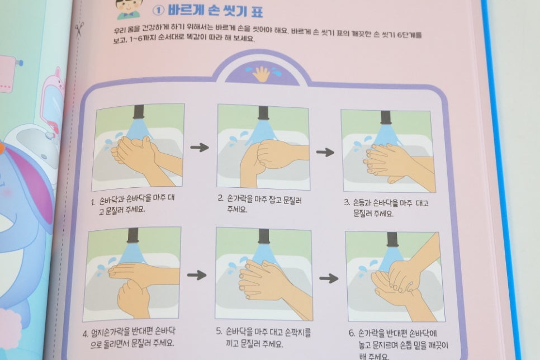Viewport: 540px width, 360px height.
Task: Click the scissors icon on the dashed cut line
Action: [79, 29]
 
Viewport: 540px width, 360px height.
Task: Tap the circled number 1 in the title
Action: [158, 11]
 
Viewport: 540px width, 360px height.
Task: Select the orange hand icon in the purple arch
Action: [261, 74]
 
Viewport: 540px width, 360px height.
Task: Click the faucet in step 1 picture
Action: [139, 112]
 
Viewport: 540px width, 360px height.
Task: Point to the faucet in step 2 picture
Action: [263, 113]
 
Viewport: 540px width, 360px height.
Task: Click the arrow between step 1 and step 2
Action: [200, 148]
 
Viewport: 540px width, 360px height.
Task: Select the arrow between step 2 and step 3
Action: [325, 152]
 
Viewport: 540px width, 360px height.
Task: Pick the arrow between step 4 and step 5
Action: [197, 275]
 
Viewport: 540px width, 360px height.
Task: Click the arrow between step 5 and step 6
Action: [329, 278]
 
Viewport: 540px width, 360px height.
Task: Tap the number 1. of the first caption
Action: [93, 202]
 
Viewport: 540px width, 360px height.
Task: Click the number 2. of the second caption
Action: [221, 198]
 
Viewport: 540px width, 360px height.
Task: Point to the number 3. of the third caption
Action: [347, 202]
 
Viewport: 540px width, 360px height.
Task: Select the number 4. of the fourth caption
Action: [86, 334]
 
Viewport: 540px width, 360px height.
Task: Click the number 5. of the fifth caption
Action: [219, 331]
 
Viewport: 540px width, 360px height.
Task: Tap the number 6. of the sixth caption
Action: [352, 333]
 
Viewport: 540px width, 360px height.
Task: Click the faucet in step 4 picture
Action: [133, 235]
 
